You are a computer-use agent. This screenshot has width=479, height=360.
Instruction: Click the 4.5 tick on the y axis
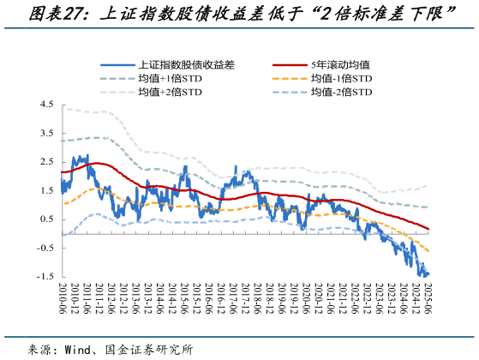(46, 105)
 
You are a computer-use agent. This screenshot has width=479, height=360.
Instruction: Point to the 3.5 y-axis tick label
(46, 133)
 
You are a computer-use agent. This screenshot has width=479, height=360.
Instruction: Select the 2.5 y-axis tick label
(46, 162)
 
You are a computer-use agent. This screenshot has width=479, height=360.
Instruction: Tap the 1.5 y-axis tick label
(46, 190)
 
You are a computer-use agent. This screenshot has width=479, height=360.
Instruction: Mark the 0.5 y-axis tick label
(46, 219)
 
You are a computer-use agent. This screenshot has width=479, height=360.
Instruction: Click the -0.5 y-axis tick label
(45, 248)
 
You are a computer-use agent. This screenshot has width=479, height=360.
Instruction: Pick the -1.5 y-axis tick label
(45, 277)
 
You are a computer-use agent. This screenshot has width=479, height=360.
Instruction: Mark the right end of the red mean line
(428, 229)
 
